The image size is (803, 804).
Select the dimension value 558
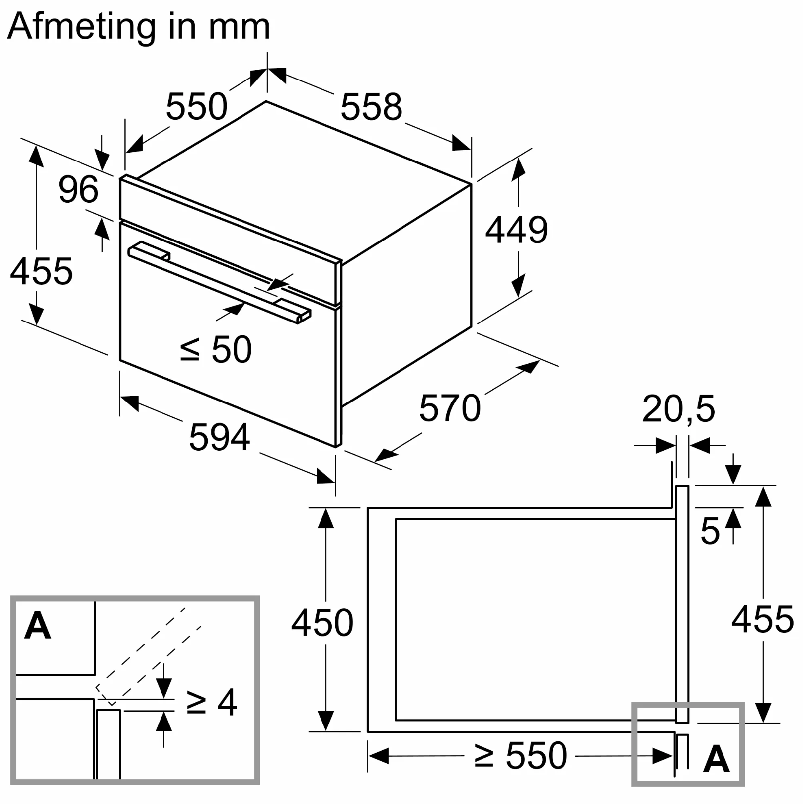point(371,107)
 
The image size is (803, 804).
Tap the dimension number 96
point(78,189)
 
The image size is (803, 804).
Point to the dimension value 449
point(516,230)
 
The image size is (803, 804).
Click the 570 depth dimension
point(450,408)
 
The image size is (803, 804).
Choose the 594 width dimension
point(219,437)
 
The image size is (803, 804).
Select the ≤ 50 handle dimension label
point(216,349)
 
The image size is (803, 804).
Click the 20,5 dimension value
point(678,409)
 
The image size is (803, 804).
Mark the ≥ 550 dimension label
point(520,756)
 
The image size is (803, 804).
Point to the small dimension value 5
point(710,531)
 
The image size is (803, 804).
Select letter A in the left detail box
point(38,626)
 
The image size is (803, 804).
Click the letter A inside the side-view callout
point(716,759)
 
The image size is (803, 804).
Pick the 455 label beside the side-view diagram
point(762,620)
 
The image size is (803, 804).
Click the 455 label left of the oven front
point(41,271)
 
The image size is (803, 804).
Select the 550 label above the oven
point(196,106)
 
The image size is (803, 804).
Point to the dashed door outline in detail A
point(149,651)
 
